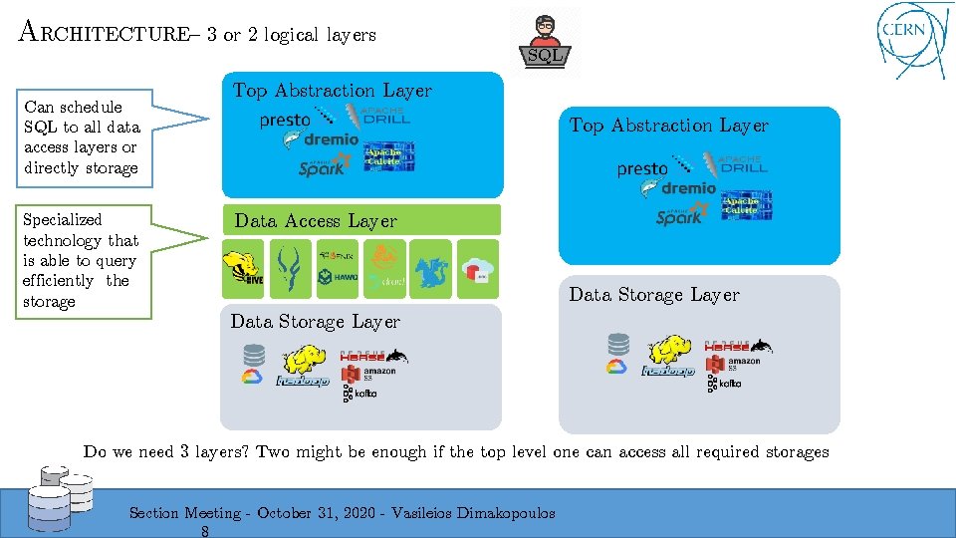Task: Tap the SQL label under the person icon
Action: pyautogui.click(x=545, y=57)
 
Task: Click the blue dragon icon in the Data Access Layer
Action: pyautogui.click(x=430, y=271)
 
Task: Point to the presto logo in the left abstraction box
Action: pyautogui.click(x=284, y=120)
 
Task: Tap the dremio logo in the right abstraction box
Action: pyautogui.click(x=687, y=188)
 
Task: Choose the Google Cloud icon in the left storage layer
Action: pyautogui.click(x=251, y=377)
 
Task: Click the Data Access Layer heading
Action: pyautogui.click(x=315, y=221)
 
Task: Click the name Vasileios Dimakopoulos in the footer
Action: pyautogui.click(x=473, y=513)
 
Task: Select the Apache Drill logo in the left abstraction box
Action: pyautogui.click(x=381, y=115)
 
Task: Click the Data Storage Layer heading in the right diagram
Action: pyautogui.click(x=654, y=295)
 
